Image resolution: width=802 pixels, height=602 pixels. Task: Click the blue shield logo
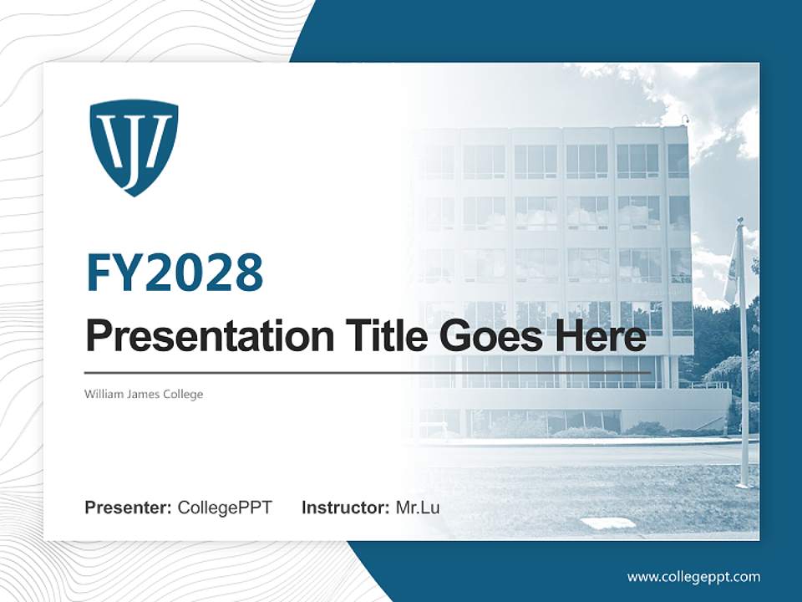point(134,146)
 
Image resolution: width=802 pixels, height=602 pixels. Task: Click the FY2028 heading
point(175,273)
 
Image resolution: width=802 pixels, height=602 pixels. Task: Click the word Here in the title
point(600,336)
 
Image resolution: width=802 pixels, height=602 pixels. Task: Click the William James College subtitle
point(144,394)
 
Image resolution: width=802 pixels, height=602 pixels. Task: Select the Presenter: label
point(128,508)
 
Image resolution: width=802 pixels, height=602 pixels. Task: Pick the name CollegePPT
point(225,508)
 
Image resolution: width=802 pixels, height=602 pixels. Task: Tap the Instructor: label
point(345,508)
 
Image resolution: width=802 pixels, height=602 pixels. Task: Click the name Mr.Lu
point(418,508)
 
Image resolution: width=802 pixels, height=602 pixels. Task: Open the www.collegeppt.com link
point(693,577)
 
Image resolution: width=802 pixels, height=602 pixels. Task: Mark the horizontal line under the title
point(368,373)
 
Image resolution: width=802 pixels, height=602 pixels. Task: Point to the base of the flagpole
point(743,483)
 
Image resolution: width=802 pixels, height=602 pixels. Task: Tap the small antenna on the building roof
point(686,120)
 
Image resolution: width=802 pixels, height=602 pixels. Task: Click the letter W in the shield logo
point(118,138)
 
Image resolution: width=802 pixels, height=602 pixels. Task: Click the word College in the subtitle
point(184,394)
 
